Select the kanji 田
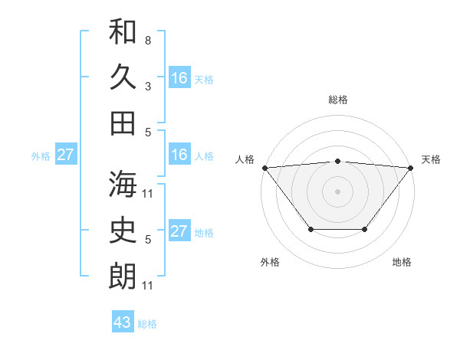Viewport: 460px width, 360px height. click(x=123, y=123)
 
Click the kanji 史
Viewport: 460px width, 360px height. click(x=123, y=229)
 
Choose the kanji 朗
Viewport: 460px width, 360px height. click(x=123, y=276)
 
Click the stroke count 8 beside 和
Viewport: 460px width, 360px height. click(x=148, y=39)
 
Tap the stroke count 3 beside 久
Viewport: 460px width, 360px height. click(x=148, y=86)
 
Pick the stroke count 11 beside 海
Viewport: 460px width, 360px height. click(x=148, y=192)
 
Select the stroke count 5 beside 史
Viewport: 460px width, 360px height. click(x=148, y=239)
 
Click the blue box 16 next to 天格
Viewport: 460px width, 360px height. click(x=179, y=77)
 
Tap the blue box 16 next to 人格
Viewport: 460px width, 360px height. click(x=179, y=155)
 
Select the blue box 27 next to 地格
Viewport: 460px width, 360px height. click(x=179, y=231)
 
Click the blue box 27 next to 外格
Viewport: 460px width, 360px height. click(x=65, y=155)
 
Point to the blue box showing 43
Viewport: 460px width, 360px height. click(x=123, y=322)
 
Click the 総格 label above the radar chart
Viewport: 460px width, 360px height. click(x=337, y=100)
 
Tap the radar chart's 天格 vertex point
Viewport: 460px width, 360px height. click(x=410, y=168)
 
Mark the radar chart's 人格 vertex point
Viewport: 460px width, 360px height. click(x=264, y=168)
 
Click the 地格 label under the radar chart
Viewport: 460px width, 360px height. click(x=402, y=262)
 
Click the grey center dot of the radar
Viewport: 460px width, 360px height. click(x=337, y=191)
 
